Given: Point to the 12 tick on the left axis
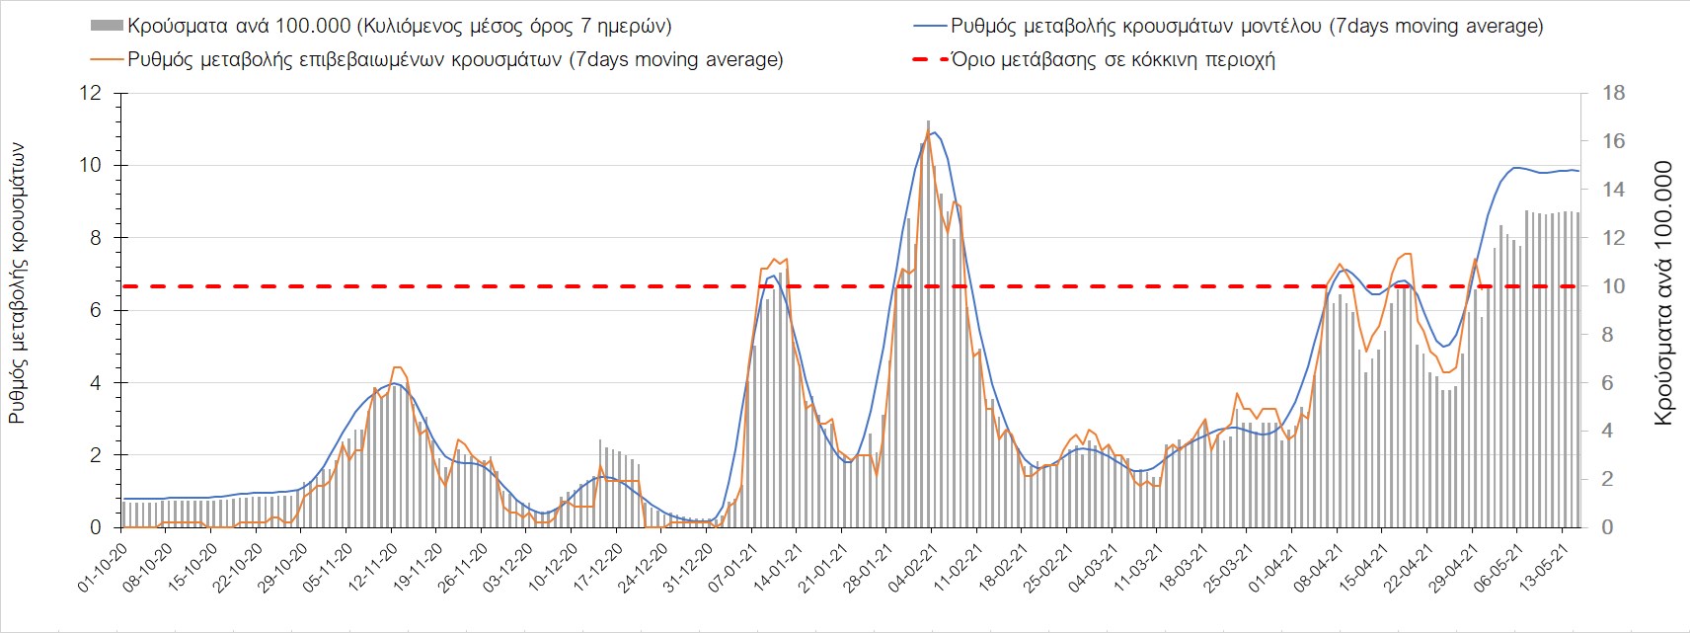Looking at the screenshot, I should (x=91, y=93).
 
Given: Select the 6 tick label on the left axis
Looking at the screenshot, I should (x=96, y=310).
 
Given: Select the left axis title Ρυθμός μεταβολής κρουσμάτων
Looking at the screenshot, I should (x=17, y=283).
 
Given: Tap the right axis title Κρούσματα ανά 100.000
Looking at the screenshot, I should (x=1663, y=293).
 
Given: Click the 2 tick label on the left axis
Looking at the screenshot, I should (x=96, y=455).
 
